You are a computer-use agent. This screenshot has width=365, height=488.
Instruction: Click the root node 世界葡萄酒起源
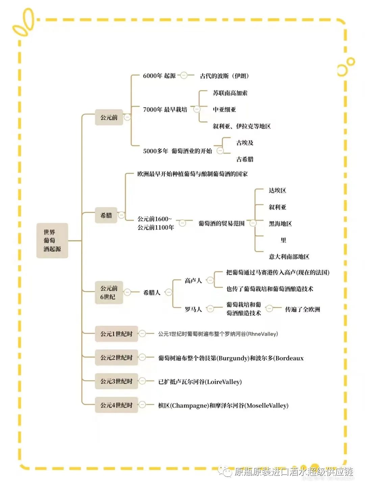tap(52, 241)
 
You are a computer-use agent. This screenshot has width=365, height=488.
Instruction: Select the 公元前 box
tap(109, 117)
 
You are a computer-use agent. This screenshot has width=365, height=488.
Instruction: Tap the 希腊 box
tap(106, 215)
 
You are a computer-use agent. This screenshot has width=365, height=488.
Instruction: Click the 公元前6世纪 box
tap(109, 292)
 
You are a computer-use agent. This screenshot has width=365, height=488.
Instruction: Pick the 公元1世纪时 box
tap(116, 334)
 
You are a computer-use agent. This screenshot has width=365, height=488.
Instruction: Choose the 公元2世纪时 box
tap(116, 358)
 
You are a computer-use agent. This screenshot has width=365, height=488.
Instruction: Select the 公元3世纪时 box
tap(116, 381)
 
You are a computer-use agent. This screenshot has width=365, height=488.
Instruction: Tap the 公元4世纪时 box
tap(116, 405)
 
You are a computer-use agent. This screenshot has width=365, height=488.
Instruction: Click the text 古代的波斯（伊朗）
tap(224, 76)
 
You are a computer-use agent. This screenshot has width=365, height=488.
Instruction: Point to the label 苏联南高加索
tap(230, 93)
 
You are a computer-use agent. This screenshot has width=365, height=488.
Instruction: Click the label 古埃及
tap(245, 143)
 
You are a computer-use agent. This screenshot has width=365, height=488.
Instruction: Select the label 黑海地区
tap(280, 223)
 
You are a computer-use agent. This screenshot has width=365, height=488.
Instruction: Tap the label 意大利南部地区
tap(289, 257)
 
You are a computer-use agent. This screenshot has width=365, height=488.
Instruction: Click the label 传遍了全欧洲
tap(302, 309)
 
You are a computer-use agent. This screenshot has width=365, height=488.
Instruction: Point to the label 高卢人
tap(193, 280)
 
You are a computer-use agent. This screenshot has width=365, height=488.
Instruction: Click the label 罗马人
tap(193, 309)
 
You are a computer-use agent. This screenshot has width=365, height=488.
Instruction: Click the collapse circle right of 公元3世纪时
tap(142, 381)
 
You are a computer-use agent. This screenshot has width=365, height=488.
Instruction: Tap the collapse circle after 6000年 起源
tap(184, 75)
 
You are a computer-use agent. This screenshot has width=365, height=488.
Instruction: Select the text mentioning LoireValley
tap(200, 382)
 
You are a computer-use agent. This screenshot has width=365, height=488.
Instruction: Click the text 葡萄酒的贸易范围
tap(221, 223)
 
